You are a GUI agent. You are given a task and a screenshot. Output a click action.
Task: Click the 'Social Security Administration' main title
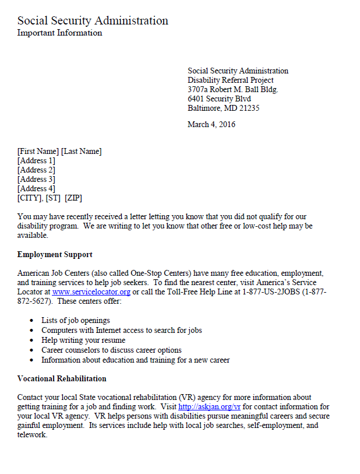[x=93, y=21]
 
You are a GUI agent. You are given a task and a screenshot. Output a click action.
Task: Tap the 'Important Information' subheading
[x=59, y=33]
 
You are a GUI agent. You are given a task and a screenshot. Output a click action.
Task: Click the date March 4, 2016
[x=211, y=124]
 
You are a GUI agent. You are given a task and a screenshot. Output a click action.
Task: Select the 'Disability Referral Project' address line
[x=231, y=80]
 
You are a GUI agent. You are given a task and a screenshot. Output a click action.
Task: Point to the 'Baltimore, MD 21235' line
[x=224, y=108]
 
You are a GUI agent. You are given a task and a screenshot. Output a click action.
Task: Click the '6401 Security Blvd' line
[x=219, y=99]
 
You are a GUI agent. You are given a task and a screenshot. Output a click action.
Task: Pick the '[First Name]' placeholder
[x=38, y=152]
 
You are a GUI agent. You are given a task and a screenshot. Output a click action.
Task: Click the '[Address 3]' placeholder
[x=36, y=180]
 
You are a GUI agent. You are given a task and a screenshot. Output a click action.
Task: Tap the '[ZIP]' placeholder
[x=73, y=198]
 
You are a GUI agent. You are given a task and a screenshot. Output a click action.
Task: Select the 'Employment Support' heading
[x=55, y=255]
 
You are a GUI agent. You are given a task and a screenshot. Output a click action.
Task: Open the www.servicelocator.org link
[x=91, y=292]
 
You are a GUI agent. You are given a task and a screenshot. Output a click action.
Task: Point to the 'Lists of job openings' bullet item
[x=76, y=321]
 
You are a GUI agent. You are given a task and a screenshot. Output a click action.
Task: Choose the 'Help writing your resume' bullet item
[x=83, y=340]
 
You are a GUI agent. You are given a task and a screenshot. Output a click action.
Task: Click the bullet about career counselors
[x=111, y=350]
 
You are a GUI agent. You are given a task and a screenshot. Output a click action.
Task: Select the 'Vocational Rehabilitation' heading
[x=62, y=379]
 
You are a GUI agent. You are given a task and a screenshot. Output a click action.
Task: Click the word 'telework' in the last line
[x=32, y=435]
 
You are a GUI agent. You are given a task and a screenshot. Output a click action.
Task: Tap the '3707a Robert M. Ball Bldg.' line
[x=233, y=90]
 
